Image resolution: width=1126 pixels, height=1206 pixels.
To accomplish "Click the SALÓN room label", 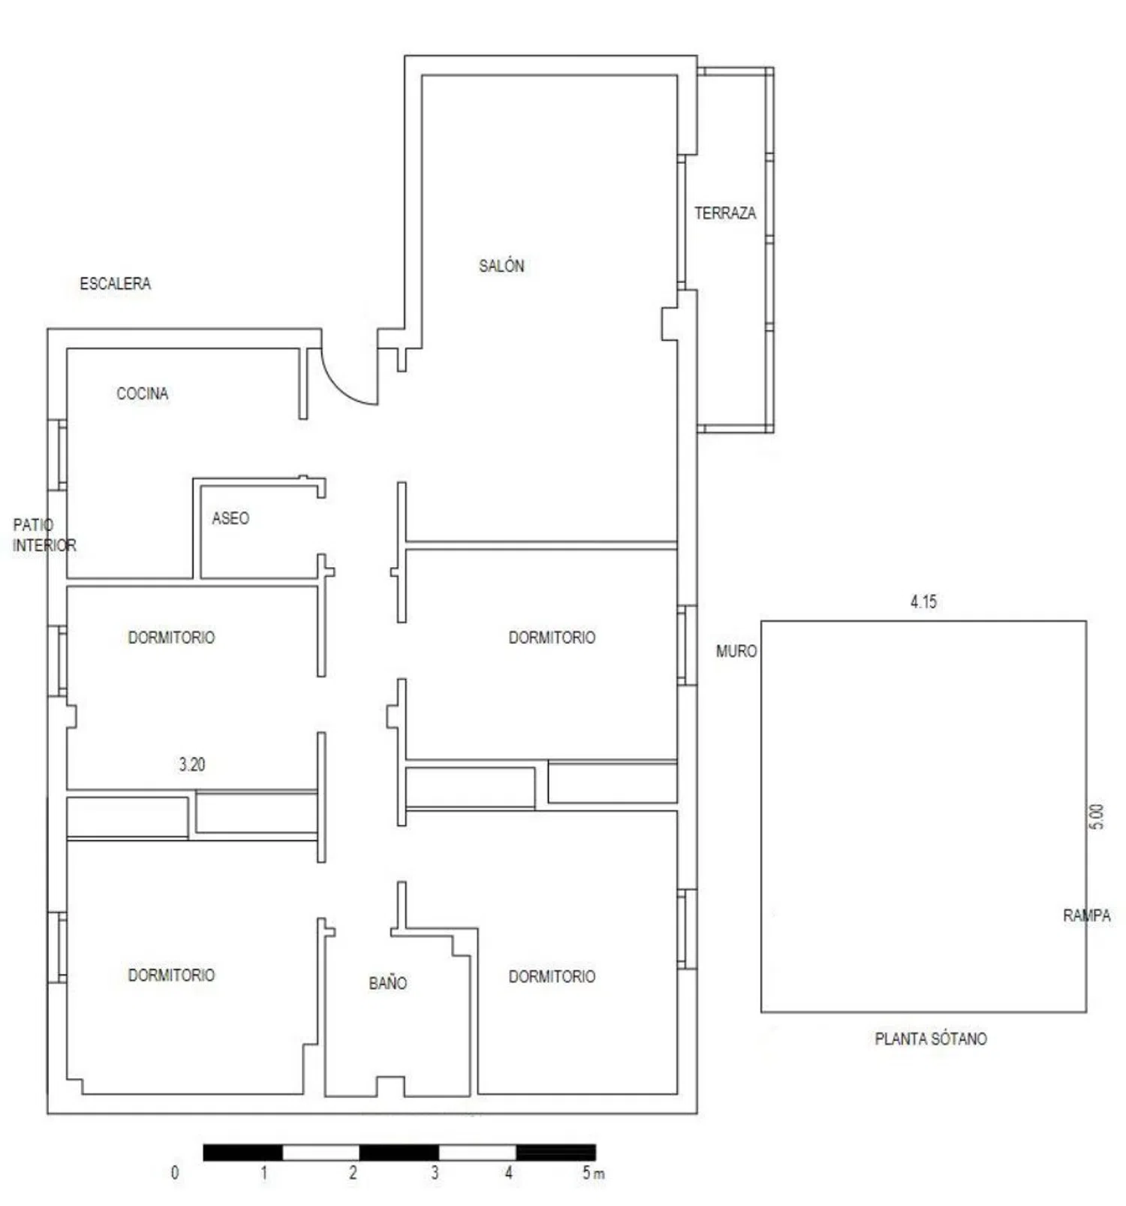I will point(501,266).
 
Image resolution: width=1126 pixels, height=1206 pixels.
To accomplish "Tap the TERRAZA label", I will point(724,213).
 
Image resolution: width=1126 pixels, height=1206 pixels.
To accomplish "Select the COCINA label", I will point(142,393).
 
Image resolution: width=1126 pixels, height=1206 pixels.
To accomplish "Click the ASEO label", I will point(230,518).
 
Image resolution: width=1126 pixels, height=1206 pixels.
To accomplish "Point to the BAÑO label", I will point(387,983).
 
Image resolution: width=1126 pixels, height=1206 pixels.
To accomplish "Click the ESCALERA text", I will point(115,284).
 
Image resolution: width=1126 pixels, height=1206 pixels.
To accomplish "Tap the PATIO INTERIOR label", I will point(44,535).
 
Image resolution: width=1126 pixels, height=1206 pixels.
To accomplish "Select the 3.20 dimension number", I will point(191,764).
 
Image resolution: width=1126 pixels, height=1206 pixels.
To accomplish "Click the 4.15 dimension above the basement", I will point(923,601).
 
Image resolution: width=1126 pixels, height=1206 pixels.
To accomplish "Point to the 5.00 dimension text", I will point(1096,816).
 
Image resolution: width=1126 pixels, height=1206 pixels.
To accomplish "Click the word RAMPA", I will point(1085,915).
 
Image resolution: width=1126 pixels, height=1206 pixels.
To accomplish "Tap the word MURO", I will point(736,651).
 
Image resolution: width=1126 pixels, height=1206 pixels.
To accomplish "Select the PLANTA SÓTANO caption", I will point(930,1039).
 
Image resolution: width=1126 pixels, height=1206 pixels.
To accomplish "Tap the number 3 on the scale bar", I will point(434,1173).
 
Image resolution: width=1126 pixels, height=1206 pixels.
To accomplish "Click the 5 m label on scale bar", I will point(592,1173).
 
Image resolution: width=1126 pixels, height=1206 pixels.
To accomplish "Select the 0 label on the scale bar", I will point(175,1173).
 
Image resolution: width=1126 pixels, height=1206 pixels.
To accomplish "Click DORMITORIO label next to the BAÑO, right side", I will point(552,976).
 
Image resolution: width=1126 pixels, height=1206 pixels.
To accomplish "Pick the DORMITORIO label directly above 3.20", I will point(171,638).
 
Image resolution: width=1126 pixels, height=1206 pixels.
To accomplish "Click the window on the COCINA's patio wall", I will point(58,455).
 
